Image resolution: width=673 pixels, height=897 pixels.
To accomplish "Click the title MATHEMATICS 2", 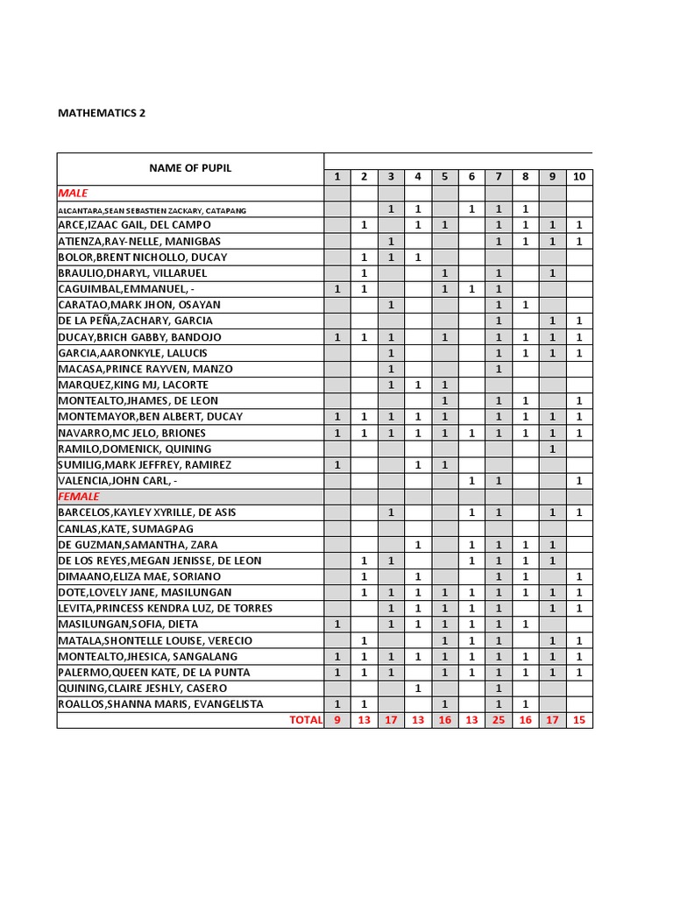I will point(102,113).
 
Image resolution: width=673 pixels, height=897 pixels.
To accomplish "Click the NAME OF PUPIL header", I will point(190,168).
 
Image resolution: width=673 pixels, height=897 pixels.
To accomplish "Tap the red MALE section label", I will point(73,193).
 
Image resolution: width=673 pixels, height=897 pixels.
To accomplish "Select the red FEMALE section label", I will point(79,496).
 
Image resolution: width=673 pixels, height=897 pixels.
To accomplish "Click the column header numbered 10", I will point(578,177).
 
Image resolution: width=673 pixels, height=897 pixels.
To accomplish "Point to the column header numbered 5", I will point(444,177).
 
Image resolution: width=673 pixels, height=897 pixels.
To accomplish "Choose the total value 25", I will point(498,720).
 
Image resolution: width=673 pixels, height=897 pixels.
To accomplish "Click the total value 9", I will point(337,720).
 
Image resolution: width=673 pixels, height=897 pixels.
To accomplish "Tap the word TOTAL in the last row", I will point(306,720).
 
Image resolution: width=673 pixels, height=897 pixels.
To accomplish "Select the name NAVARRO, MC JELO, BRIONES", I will point(132,433).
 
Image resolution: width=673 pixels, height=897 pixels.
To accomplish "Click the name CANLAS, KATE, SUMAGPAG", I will point(125,528).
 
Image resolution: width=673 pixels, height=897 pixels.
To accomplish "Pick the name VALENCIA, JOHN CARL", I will point(122,481).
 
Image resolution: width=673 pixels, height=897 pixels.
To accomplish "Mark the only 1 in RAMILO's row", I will point(552,448).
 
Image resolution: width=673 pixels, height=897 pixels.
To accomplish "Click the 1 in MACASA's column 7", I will point(498,369).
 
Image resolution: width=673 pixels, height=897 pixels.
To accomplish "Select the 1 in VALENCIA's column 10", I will point(578,481).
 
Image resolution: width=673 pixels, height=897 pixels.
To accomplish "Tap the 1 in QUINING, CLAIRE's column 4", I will point(418,689).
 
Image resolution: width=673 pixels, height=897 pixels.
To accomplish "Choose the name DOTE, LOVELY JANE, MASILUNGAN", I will point(145,592).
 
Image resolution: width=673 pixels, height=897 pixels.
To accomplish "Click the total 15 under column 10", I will point(578,720).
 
